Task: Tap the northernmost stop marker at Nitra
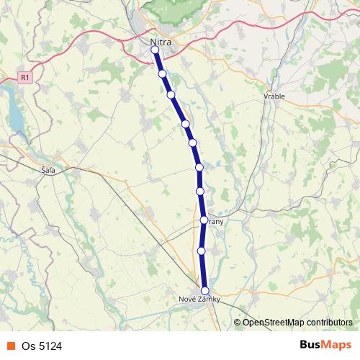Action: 155,50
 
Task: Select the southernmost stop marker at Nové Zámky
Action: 204,290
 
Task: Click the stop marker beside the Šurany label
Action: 204,220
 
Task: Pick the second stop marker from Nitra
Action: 163,73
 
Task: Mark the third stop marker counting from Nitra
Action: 171,94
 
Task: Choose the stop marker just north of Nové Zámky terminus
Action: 202,251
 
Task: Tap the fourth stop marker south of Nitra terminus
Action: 186,124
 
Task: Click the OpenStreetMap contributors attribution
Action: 297,322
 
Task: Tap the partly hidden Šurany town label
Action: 216,222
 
